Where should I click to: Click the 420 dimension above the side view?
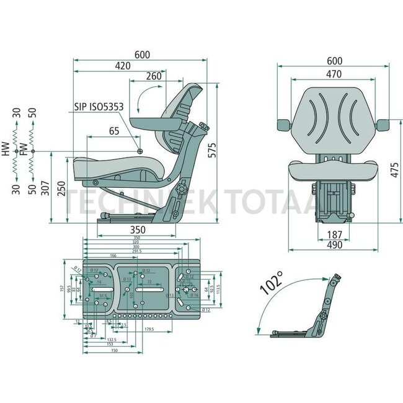122,65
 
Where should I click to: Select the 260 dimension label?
154,76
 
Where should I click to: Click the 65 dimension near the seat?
114,131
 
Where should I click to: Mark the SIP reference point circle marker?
140,151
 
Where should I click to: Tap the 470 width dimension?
334,74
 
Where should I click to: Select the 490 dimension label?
335,246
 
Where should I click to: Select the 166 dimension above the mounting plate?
113,255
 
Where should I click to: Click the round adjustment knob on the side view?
181,190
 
